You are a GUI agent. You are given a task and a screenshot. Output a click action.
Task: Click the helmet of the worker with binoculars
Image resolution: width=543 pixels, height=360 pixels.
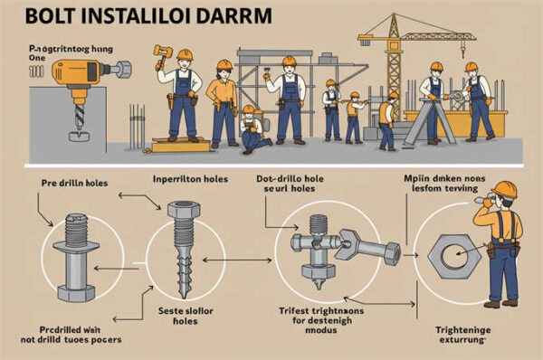(505, 189)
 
